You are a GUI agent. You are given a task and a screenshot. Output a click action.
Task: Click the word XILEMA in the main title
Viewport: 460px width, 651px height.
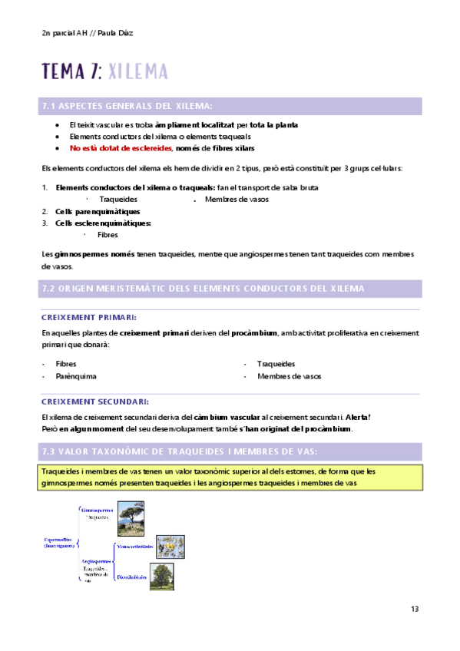[137, 71]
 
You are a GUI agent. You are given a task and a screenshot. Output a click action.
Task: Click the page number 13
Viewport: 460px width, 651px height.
[415, 609]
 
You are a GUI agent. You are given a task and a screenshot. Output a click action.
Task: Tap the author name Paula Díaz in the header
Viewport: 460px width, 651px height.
[120, 33]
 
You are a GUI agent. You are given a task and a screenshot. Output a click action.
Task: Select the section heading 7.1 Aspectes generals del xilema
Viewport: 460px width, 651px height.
[126, 106]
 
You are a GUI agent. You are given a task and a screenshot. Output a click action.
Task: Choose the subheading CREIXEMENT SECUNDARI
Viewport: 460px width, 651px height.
[94, 402]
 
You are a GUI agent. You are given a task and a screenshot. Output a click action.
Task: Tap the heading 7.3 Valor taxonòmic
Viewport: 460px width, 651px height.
[177, 450]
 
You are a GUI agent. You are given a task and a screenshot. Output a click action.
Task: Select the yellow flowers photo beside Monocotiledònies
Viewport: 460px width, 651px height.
[170, 547]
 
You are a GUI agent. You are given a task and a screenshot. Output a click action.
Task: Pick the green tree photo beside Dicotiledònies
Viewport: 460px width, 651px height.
[161, 577]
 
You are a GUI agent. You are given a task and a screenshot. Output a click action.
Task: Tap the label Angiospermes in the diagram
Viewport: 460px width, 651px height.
[96, 561]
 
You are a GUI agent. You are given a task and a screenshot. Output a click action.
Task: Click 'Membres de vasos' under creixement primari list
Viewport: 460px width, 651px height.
[289, 376]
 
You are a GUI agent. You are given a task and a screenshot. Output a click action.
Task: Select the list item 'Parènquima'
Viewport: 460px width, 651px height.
[75, 376]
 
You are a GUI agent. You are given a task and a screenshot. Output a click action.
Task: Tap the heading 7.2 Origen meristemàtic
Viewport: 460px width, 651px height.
[202, 288]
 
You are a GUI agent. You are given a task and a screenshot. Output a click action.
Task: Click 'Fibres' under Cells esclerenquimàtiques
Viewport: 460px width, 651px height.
[108, 235]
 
